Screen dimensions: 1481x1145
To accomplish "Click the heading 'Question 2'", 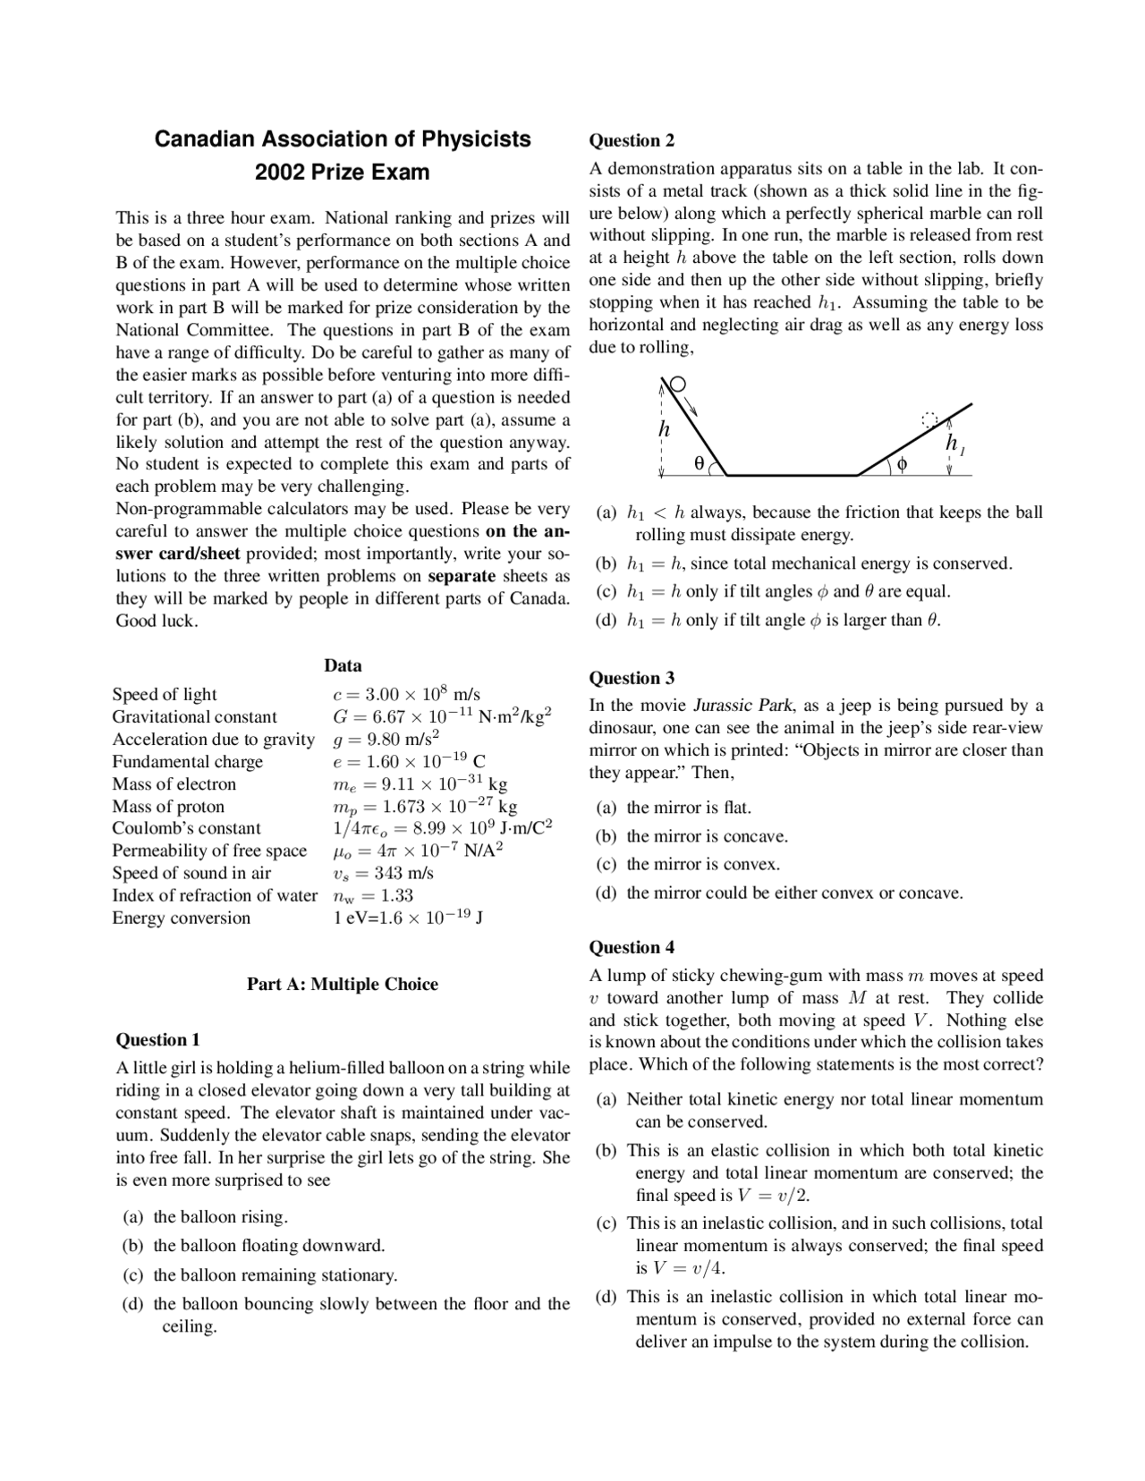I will pyautogui.click(x=632, y=140).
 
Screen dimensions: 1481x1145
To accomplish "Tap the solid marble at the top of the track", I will pyautogui.click(x=678, y=385).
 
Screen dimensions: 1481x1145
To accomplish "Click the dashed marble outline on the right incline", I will pyautogui.click(x=930, y=419).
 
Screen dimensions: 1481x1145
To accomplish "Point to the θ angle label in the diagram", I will pyautogui.click(x=700, y=462).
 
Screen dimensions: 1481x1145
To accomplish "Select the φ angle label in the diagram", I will pyautogui.click(x=903, y=463).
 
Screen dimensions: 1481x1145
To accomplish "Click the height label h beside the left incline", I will pyautogui.click(x=664, y=429).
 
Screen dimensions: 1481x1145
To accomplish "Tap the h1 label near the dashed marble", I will pyautogui.click(x=954, y=444).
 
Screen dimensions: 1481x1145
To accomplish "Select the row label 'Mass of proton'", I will pyautogui.click(x=168, y=806).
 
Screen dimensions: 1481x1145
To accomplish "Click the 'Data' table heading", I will pyautogui.click(x=343, y=665).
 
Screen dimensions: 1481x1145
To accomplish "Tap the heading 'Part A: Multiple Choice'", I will pyautogui.click(x=343, y=984).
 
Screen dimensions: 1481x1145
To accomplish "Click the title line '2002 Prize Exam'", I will pyautogui.click(x=342, y=172).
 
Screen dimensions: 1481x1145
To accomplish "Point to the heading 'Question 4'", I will pyautogui.click(x=632, y=947).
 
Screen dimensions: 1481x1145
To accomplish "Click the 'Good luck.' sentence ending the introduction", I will pyautogui.click(x=157, y=621).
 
